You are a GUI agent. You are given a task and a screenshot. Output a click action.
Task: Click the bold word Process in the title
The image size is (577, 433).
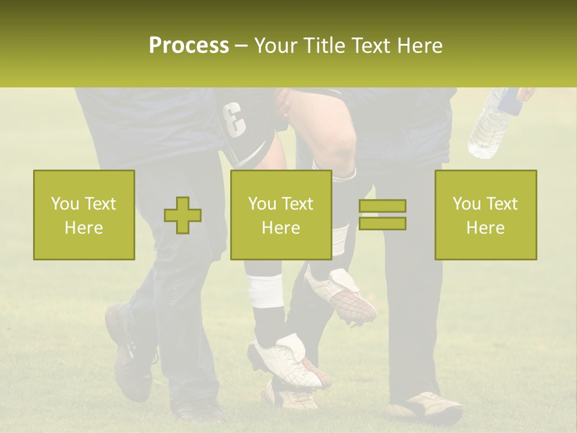pyautogui.click(x=189, y=46)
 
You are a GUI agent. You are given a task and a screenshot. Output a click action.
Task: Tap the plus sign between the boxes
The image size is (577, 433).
pyautogui.click(x=183, y=215)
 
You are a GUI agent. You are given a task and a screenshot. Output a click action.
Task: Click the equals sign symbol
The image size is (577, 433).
pyautogui.click(x=382, y=215)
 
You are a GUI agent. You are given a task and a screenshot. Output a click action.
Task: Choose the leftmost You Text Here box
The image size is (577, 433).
pyautogui.click(x=84, y=215)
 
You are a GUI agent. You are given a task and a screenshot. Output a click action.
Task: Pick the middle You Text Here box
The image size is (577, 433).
pyautogui.click(x=281, y=215)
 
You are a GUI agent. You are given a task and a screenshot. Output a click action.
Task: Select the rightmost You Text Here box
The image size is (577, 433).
pyautogui.click(x=486, y=215)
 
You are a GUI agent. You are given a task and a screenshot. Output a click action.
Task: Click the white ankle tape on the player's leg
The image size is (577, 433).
pyautogui.click(x=264, y=290)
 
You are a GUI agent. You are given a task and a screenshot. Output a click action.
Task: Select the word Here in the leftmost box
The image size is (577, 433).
pyautogui.click(x=84, y=227)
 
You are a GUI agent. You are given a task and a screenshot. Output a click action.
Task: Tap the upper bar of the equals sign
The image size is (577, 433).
pyautogui.click(x=382, y=206)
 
